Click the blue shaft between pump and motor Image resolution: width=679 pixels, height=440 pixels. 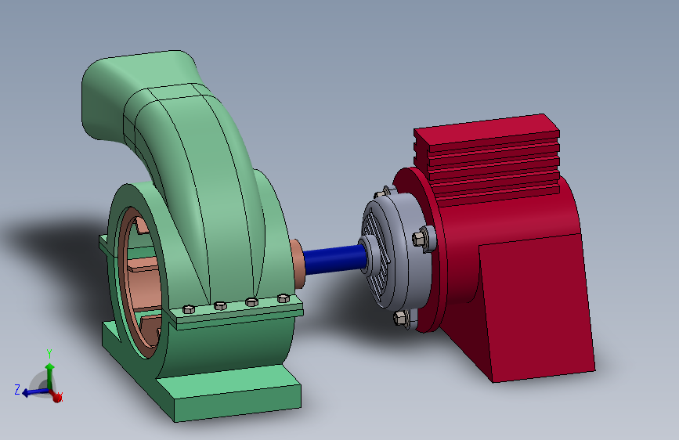333,260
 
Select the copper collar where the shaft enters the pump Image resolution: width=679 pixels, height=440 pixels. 298,261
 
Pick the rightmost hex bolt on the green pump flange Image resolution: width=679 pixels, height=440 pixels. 283,298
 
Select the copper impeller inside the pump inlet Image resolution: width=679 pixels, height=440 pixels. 145,282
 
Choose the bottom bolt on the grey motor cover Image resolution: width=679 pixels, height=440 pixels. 400,317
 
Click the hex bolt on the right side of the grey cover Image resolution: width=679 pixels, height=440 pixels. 418,238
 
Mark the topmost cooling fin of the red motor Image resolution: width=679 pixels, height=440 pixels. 486,129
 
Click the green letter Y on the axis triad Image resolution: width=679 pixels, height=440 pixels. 49,352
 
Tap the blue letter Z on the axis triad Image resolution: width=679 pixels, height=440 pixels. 16,388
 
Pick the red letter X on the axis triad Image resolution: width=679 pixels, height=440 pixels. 61,397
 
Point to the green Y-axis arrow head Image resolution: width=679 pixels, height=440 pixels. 49,366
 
